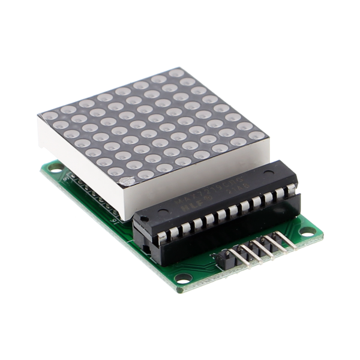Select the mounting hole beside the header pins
307,231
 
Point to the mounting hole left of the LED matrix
55,169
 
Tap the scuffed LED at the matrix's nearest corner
127,180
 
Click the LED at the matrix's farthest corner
176,73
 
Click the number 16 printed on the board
114,221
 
